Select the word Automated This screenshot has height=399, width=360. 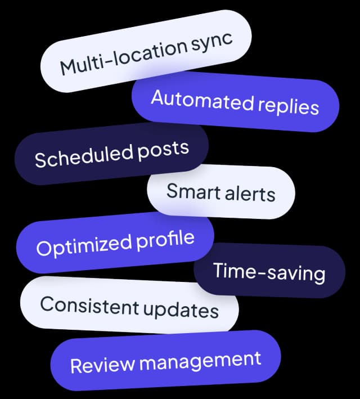(x=202, y=100)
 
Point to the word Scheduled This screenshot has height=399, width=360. (x=84, y=155)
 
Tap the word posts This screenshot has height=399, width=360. (x=163, y=151)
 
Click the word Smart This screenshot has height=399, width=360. (x=193, y=191)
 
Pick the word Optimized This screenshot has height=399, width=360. (x=84, y=246)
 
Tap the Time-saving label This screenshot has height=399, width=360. (x=269, y=272)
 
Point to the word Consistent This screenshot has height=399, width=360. (x=89, y=306)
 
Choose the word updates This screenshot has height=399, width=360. (x=181, y=310)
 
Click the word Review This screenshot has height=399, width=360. (x=102, y=365)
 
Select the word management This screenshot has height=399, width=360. (x=200, y=361)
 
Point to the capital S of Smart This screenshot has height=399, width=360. (x=172, y=191)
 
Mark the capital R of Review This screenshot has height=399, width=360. (x=76, y=366)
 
